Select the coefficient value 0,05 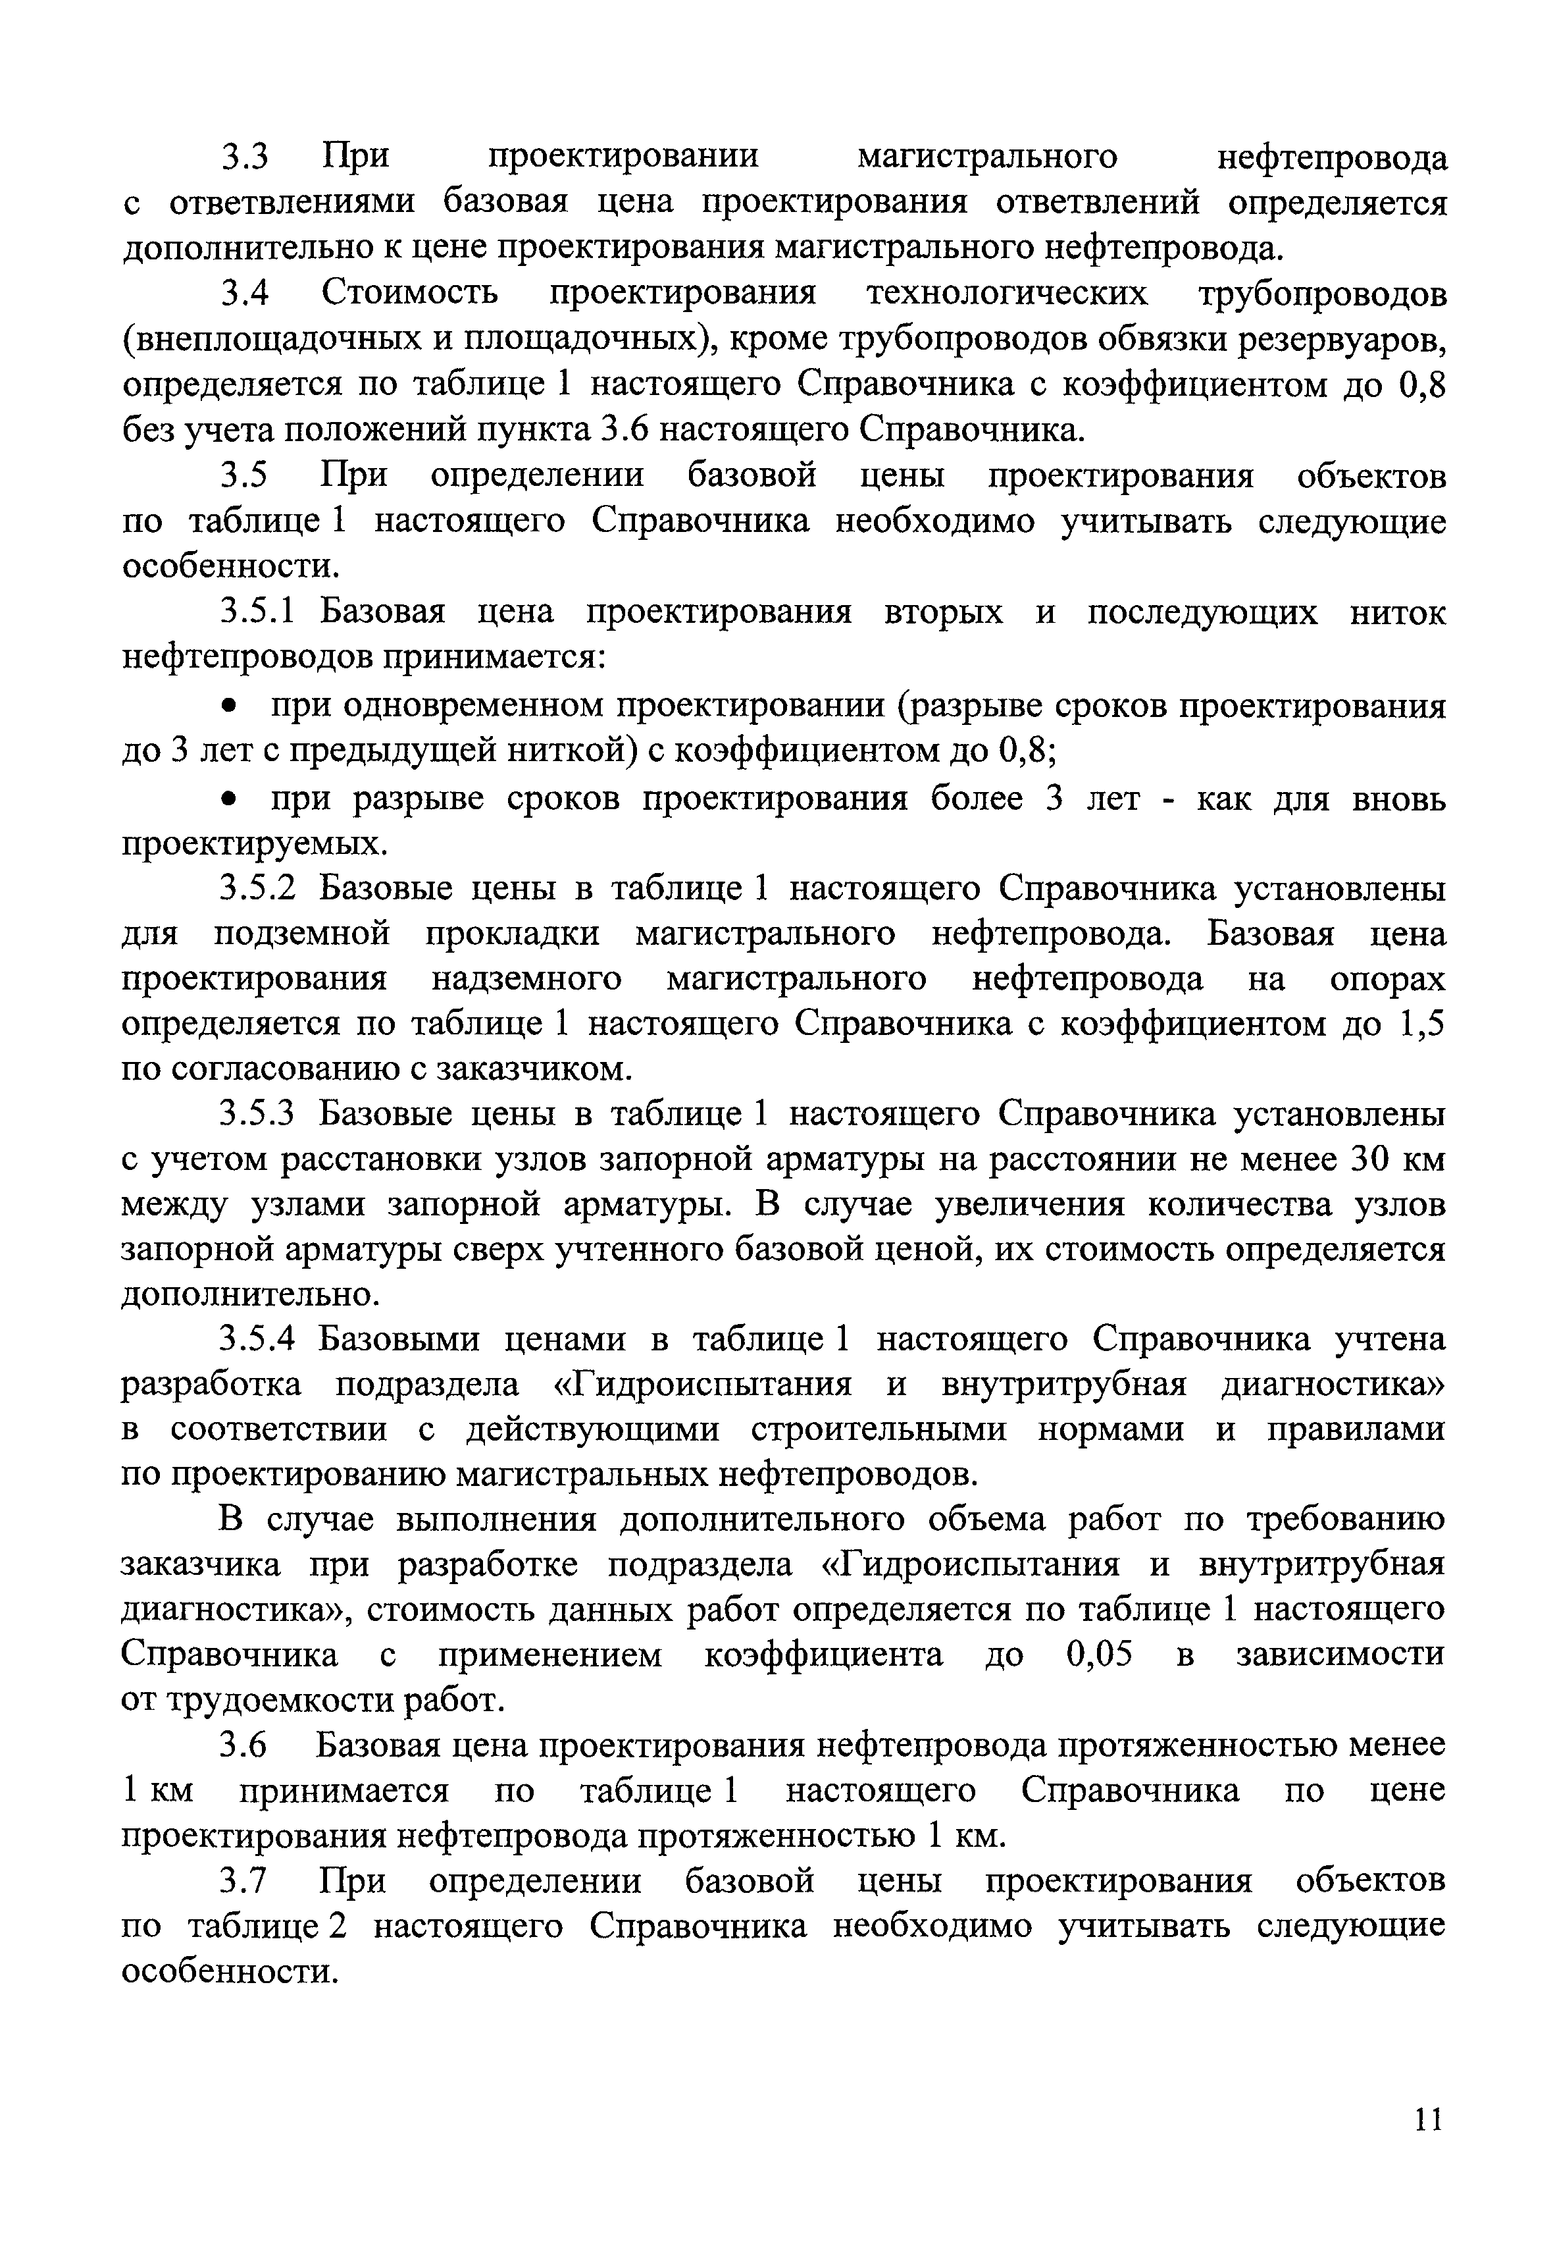pos(1100,1655)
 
